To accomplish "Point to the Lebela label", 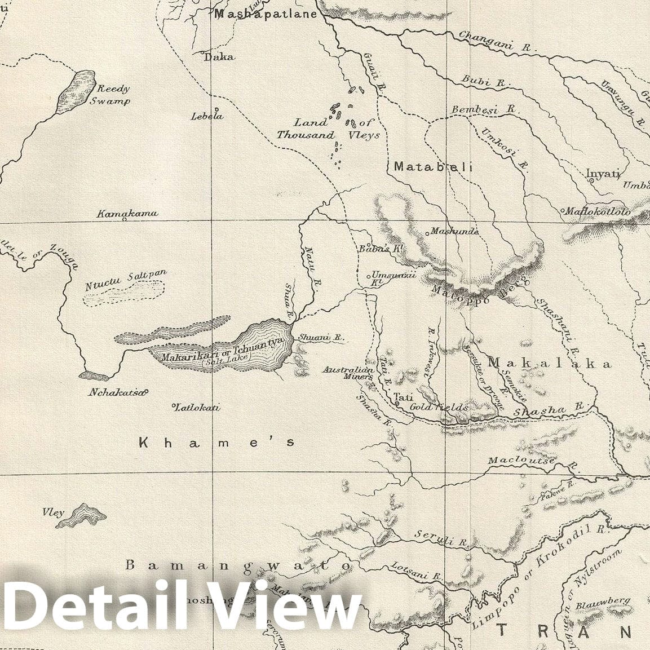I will coord(207,116).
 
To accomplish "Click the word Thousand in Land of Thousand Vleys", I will coord(305,135).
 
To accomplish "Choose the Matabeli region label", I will coord(432,167).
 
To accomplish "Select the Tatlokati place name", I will coord(197,408).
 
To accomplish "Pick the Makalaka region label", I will coord(549,364).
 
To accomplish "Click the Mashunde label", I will coord(454,231).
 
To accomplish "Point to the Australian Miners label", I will coord(348,373).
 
